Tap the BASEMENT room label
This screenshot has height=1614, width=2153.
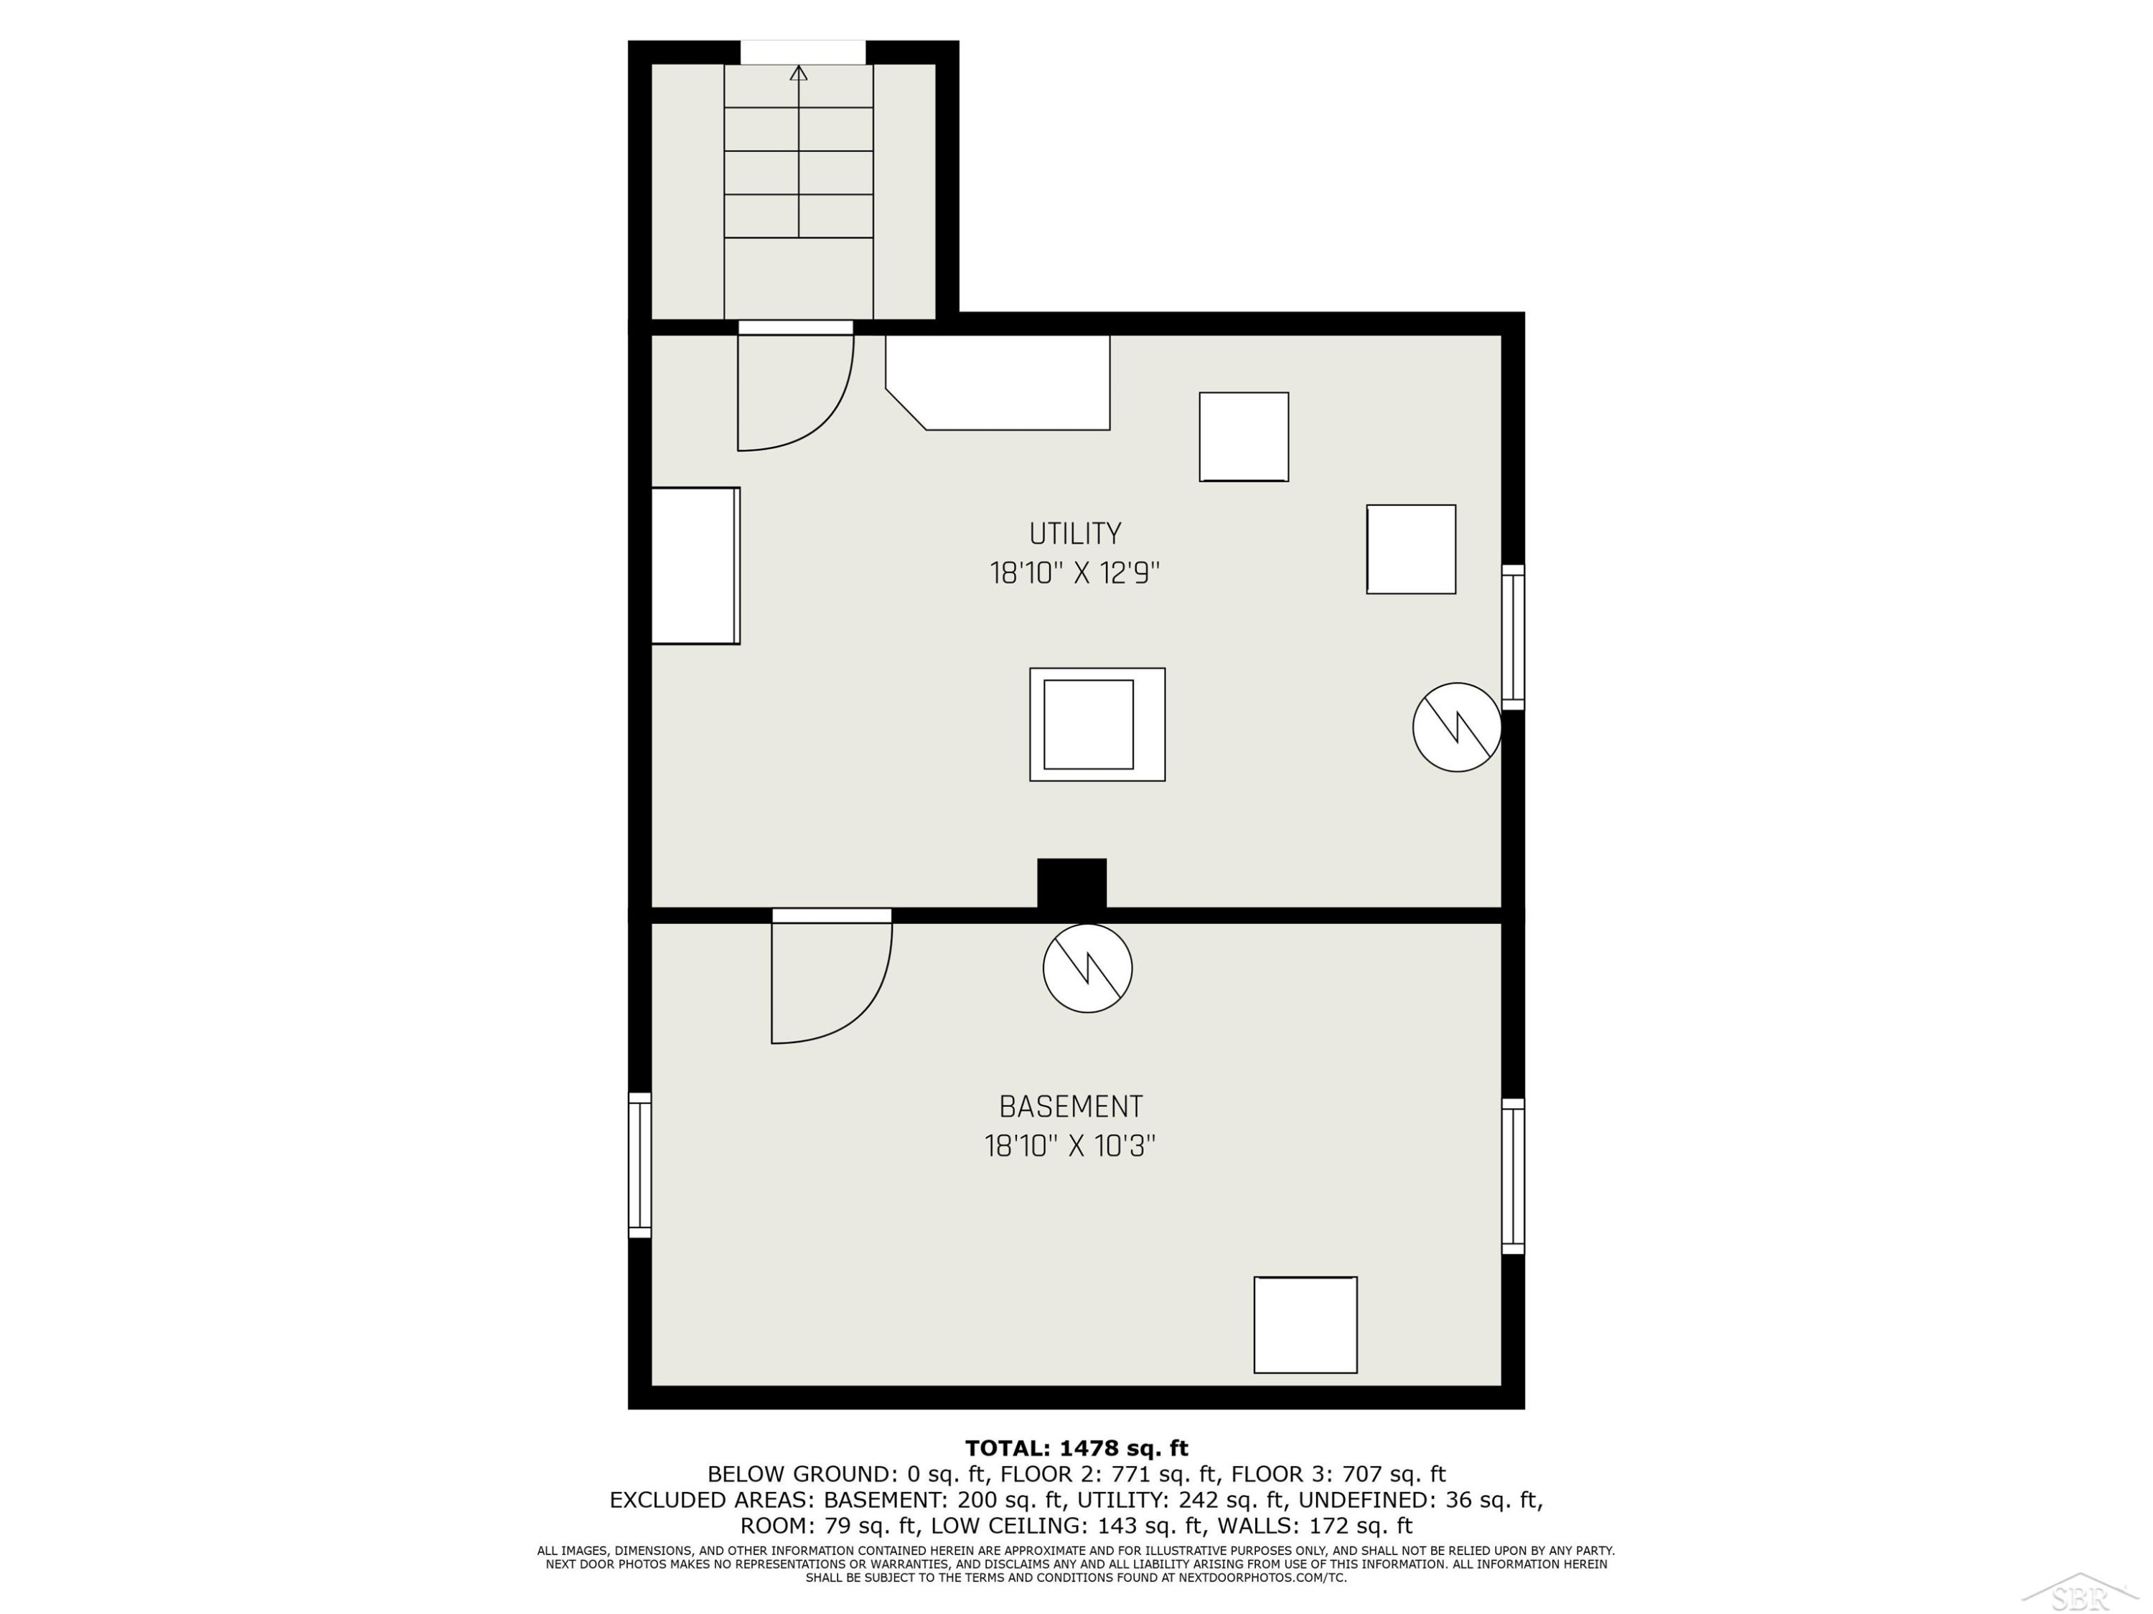point(1071,1106)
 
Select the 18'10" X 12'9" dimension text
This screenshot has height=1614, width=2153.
point(1074,573)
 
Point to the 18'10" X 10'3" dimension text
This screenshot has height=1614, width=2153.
point(1070,1146)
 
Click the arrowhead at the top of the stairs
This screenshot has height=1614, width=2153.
point(799,72)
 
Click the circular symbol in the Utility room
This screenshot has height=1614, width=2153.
point(1457,727)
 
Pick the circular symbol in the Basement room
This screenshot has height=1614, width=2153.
point(1087,968)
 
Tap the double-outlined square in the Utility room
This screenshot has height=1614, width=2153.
point(1097,724)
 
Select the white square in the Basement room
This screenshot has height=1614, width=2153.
point(1305,1325)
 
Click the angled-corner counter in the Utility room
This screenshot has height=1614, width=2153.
point(998,382)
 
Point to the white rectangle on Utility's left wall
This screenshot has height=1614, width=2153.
point(695,565)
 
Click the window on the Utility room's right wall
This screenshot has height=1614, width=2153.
point(1513,636)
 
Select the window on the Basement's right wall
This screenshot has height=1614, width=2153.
point(1513,1176)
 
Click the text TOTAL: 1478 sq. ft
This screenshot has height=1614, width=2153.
point(1076,1448)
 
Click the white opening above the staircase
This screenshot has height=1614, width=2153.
point(803,52)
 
